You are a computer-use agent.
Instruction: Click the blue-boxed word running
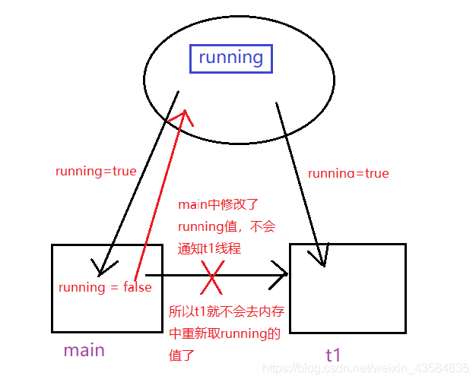230,58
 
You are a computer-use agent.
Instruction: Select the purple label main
84,350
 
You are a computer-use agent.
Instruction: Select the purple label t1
333,354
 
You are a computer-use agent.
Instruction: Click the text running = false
105,287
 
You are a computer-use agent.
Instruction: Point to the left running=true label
96,171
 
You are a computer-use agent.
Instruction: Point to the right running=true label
347,173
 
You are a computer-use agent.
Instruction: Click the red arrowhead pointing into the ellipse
182,118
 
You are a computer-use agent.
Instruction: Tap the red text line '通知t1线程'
208,247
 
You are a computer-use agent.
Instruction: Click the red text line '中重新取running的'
224,333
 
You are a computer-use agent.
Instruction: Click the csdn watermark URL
366,368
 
